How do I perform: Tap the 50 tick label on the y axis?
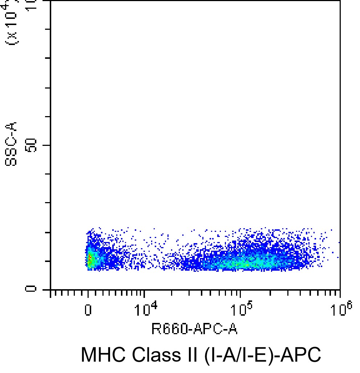click(x=33, y=145)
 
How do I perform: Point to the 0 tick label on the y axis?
click(x=33, y=289)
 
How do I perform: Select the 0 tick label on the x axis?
click(x=88, y=311)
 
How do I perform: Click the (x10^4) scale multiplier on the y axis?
click(x=12, y=24)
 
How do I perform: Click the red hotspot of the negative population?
click(x=89, y=259)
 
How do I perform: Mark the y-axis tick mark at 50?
click(x=46, y=145)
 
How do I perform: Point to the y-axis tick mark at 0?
click(x=46, y=289)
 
